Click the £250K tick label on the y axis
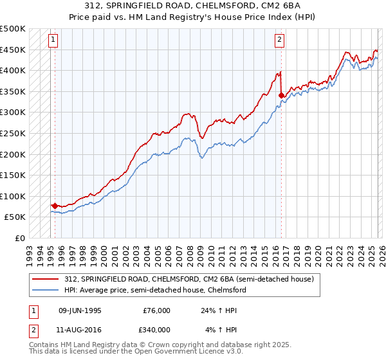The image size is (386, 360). click(13, 133)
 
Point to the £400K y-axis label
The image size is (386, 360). click(13, 70)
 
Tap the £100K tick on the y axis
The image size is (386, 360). click(13, 196)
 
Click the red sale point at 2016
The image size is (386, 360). click(281, 95)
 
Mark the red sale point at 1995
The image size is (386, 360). click(54, 206)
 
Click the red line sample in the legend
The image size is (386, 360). click(46, 279)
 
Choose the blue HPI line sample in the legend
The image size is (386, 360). click(46, 290)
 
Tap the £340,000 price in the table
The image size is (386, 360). click(156, 330)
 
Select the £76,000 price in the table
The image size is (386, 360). click(156, 310)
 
